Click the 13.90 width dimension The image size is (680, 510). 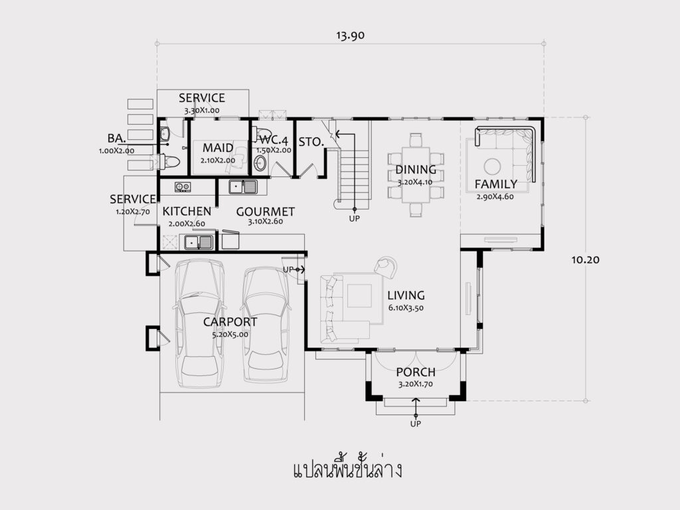(x=351, y=36)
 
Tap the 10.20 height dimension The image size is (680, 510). (x=586, y=260)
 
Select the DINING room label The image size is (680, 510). (x=416, y=170)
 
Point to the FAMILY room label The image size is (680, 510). (x=495, y=184)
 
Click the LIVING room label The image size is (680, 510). (x=406, y=295)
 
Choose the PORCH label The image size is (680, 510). (x=416, y=372)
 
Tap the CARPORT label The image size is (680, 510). (x=230, y=322)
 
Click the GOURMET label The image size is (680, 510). (x=266, y=212)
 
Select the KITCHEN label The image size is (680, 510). (x=187, y=212)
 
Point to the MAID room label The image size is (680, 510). (x=218, y=148)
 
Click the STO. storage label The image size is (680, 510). (x=311, y=142)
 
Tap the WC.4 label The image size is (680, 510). (x=274, y=141)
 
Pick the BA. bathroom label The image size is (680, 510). (x=117, y=138)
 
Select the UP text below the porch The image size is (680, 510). (x=416, y=424)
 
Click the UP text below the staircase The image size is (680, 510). (x=355, y=219)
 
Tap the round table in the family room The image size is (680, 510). (x=493, y=166)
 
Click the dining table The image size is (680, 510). (x=416, y=175)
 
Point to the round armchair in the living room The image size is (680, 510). (x=386, y=265)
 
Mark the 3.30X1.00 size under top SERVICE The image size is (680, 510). (x=202, y=110)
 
